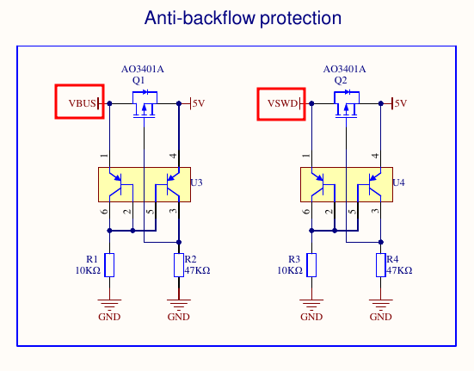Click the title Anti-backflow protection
click(x=243, y=18)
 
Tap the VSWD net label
click(x=282, y=103)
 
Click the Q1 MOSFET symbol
click(x=145, y=103)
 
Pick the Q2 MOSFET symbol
click(x=347, y=103)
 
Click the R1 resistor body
click(x=109, y=265)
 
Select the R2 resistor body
click(x=179, y=265)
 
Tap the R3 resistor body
click(x=311, y=265)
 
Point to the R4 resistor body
click(x=380, y=265)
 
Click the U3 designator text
click(x=196, y=182)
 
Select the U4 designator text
click(x=398, y=182)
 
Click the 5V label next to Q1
click(x=199, y=103)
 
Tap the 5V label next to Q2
click(x=401, y=103)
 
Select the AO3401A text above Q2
click(x=344, y=69)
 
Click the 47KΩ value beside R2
click(x=197, y=270)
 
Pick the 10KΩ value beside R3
click(x=290, y=270)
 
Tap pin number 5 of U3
click(x=151, y=212)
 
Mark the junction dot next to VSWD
click(x=311, y=103)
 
